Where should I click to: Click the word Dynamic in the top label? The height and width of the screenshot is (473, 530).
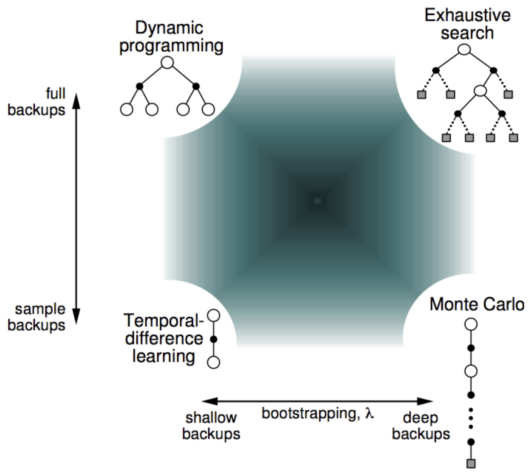click(169, 28)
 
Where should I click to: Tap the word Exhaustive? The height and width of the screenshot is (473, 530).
click(467, 15)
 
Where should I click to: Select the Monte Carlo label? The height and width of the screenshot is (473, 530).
click(476, 304)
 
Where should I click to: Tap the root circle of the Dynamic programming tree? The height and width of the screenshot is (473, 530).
click(167, 63)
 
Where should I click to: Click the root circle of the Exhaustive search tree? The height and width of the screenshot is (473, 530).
click(464, 50)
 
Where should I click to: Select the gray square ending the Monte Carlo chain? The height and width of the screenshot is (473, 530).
click(471, 463)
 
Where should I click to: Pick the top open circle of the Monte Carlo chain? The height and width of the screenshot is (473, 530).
click(471, 325)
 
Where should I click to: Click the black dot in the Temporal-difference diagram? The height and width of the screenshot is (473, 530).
click(214, 339)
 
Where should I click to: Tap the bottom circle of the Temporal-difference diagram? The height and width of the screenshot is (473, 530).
click(214, 362)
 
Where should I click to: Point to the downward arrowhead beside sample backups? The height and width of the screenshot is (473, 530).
click(76, 317)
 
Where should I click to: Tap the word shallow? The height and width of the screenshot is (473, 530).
click(211, 417)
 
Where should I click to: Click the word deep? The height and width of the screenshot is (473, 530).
click(420, 418)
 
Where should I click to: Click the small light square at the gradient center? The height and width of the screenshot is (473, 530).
click(317, 200)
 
